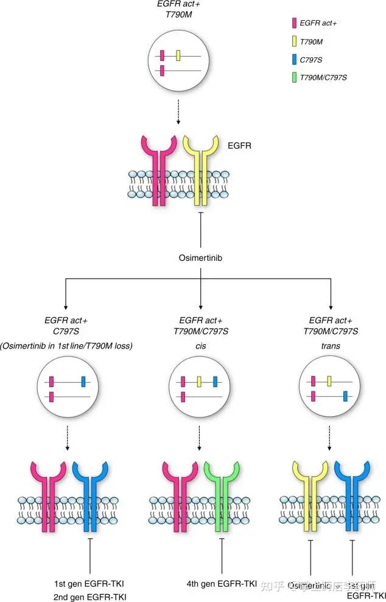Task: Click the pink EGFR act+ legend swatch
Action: [x=294, y=23]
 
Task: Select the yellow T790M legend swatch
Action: [x=294, y=41]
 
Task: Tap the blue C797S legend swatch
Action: [x=294, y=59]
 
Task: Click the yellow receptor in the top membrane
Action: [x=202, y=177]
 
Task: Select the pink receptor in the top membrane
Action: [x=159, y=177]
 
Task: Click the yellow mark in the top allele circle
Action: [x=178, y=56]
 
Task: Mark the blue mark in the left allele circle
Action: [x=83, y=381]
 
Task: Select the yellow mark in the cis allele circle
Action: [x=199, y=381]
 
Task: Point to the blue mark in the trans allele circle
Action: [x=345, y=397]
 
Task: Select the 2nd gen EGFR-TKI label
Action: [x=89, y=597]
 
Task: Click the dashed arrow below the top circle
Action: [x=178, y=110]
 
